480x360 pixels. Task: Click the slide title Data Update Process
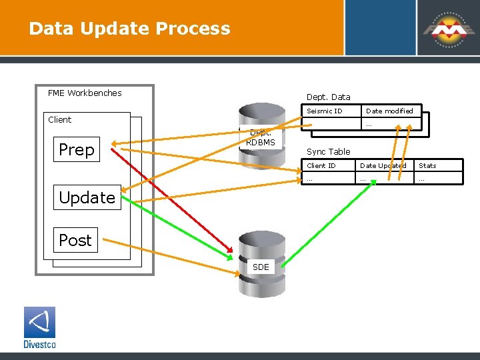[x=129, y=29]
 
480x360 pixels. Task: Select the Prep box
[x=77, y=149]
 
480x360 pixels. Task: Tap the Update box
[x=87, y=197]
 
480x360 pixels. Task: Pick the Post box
[x=75, y=240]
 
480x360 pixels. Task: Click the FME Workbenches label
[x=85, y=93]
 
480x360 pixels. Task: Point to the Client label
[x=59, y=119]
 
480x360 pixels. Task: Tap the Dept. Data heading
[x=328, y=97]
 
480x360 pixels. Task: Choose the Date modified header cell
[x=389, y=111]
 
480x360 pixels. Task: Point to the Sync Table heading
[x=328, y=151]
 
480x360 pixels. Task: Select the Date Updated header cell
[x=383, y=165]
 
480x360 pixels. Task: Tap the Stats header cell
[x=427, y=165]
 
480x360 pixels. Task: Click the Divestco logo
[x=39, y=327]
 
